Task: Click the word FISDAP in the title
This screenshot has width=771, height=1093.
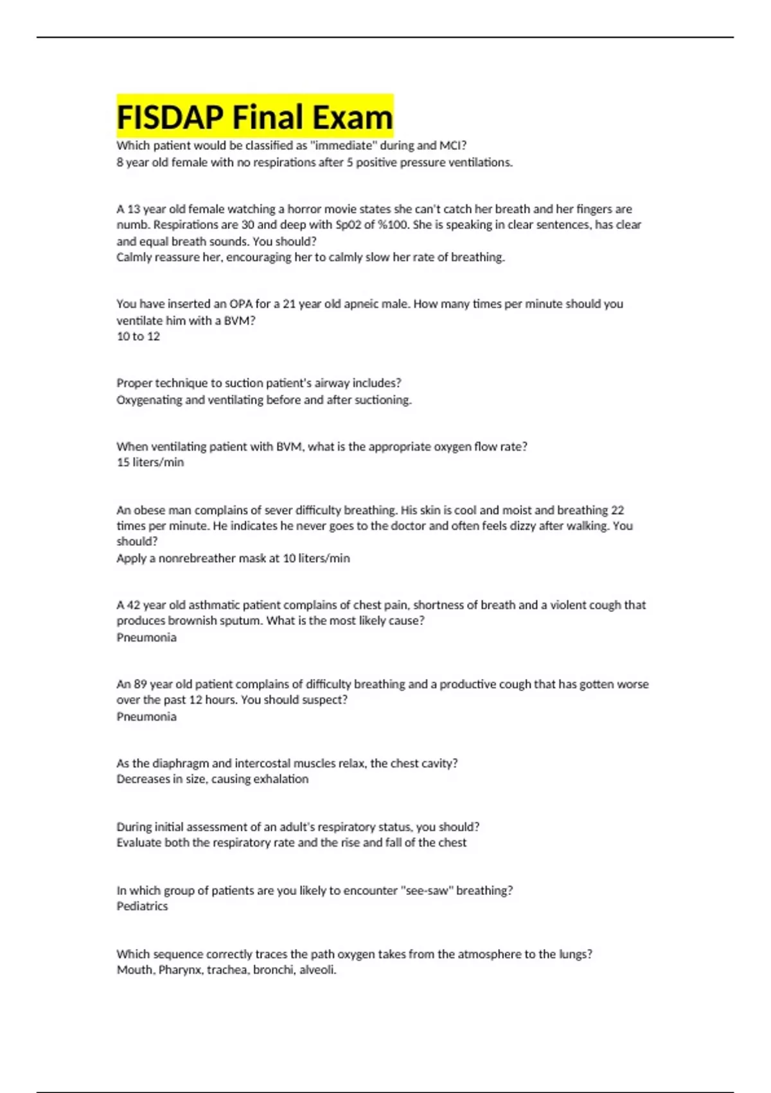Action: (x=170, y=117)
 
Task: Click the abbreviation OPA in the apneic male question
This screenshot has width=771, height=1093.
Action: (x=241, y=304)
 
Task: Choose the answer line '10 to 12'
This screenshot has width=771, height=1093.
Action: (x=138, y=336)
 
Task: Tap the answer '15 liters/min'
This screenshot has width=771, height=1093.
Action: (x=150, y=462)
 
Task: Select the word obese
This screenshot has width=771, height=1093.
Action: (x=150, y=510)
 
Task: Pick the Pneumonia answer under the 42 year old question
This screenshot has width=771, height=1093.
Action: (x=146, y=637)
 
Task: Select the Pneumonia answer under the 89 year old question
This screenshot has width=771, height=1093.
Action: (x=146, y=716)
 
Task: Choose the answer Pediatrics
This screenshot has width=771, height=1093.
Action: (x=142, y=906)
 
